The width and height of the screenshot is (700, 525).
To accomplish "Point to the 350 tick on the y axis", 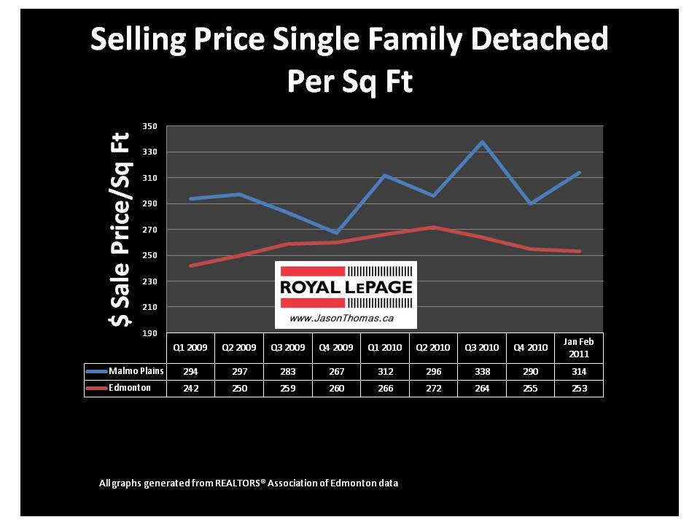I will point(149,126).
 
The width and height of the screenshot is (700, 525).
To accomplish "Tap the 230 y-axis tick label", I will point(149,281).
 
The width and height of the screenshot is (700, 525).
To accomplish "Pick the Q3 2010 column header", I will point(482,347).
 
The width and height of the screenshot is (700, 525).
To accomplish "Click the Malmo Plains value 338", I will point(482,371).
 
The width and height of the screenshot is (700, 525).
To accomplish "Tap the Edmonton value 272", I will point(433,389).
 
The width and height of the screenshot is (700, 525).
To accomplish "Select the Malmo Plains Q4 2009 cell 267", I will point(336,371).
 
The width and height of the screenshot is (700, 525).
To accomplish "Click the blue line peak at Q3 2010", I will point(482,141).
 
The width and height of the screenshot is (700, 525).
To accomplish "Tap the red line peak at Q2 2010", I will point(433,227).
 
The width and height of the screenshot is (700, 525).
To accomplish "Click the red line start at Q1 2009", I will point(190,265).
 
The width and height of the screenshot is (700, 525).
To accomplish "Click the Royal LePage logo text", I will point(346,287).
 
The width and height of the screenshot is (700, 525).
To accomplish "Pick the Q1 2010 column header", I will point(385,347).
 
